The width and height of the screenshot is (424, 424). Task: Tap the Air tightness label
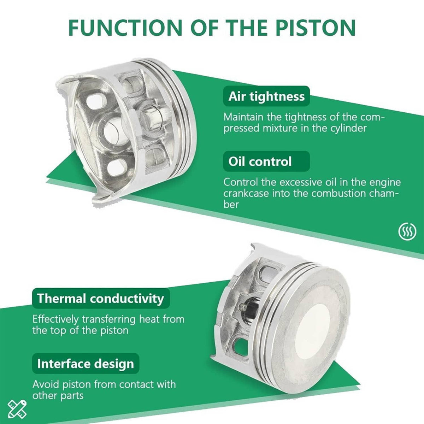pos(266,96)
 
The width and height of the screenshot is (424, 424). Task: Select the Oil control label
pos(266,161)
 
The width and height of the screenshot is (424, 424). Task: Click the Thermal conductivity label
pos(101,299)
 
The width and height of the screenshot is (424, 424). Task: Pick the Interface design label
pos(86,364)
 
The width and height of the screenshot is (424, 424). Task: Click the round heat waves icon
pos(407,231)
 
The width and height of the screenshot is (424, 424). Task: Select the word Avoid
pos(46,384)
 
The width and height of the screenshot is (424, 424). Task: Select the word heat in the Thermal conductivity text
pos(149,319)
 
